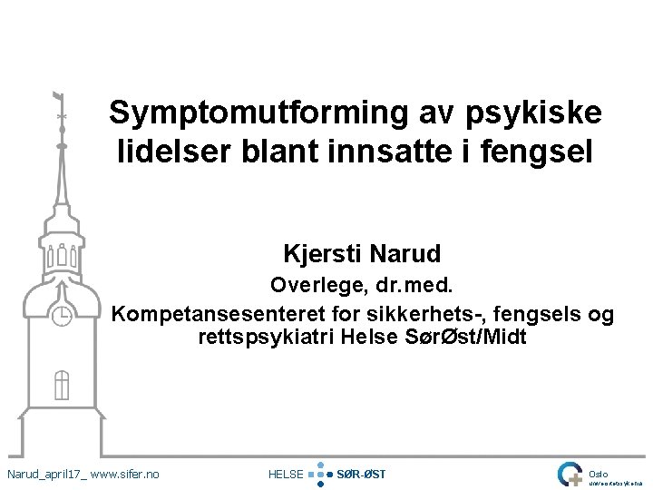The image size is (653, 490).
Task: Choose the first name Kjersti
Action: [321, 253]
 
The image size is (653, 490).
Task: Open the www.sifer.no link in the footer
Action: [125, 474]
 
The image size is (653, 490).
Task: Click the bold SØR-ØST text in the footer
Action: [361, 474]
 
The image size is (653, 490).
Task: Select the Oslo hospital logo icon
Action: [570, 474]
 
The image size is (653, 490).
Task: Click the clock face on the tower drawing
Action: [62, 316]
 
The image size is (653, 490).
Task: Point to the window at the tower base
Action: [62, 385]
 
